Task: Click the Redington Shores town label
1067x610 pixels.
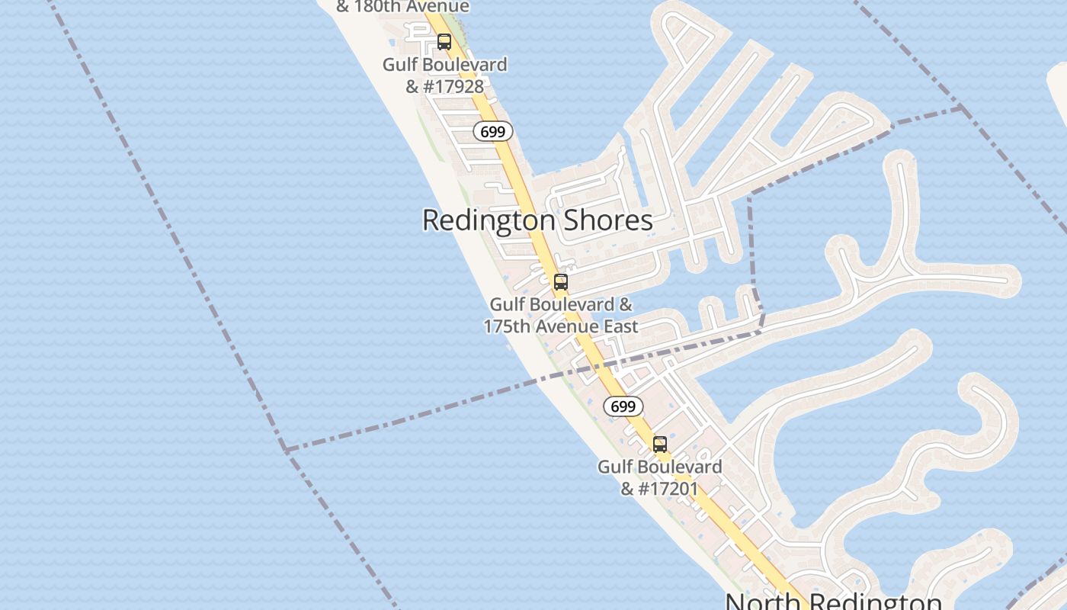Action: click(537, 220)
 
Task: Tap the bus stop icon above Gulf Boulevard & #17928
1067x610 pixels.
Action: click(444, 42)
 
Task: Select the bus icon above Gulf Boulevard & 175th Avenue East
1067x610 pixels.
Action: click(561, 282)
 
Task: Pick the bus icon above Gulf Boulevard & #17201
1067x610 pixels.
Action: click(660, 444)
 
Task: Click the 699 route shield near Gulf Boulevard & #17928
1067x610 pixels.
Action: click(493, 131)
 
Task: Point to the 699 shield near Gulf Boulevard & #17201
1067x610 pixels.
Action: click(623, 406)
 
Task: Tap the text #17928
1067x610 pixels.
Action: click(453, 86)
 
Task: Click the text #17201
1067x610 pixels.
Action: click(668, 488)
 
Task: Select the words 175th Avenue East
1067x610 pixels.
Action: click(561, 326)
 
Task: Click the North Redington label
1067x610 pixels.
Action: click(833, 601)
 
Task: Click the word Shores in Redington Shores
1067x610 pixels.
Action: click(607, 220)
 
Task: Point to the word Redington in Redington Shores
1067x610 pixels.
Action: click(489, 220)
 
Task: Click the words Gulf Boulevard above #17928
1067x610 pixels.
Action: click(444, 65)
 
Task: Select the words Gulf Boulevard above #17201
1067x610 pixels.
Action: click(660, 466)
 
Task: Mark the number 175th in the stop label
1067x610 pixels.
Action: click(509, 326)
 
